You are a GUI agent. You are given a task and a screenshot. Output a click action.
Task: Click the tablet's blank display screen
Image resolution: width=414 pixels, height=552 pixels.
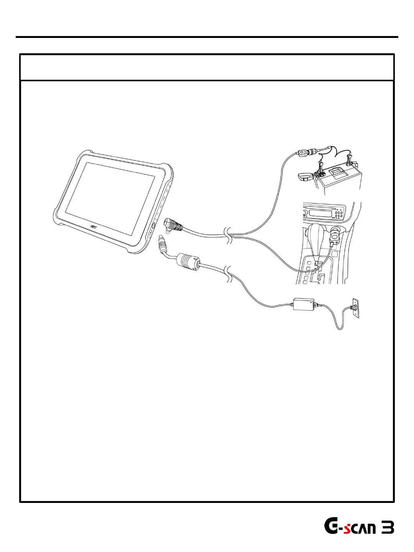(x=110, y=198)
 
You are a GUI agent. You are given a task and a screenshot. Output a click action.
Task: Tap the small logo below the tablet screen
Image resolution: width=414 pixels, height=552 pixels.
(x=93, y=227)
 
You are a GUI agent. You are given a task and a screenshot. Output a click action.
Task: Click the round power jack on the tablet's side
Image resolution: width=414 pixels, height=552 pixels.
(x=153, y=226)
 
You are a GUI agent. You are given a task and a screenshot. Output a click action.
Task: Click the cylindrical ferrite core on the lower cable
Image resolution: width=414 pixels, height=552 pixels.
(x=187, y=263)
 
